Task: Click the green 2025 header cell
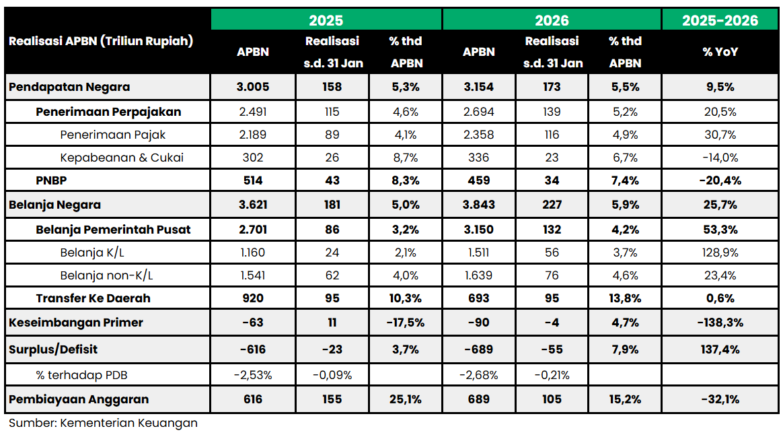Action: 326,20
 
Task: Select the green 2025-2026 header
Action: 720,20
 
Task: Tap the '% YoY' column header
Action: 720,52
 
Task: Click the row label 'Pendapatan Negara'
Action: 69,87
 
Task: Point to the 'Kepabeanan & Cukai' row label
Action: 122,158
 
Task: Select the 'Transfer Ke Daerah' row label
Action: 93,298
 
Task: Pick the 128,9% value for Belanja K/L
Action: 720,252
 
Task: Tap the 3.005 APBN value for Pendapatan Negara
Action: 253,87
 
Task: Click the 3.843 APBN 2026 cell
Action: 479,205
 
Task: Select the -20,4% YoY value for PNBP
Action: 720,180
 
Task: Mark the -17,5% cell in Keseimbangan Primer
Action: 406,323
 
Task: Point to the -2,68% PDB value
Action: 479,374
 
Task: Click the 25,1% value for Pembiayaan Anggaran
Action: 406,399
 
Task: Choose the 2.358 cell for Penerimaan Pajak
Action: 479,135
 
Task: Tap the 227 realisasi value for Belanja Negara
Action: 552,205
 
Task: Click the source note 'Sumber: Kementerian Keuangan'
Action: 103,423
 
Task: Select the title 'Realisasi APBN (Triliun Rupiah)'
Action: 101,41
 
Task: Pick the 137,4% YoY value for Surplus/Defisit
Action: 720,349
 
